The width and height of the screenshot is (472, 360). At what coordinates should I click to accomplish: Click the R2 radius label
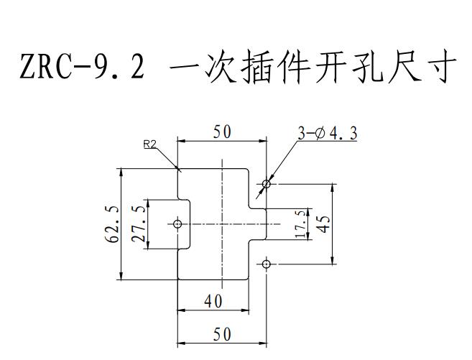coord(150,144)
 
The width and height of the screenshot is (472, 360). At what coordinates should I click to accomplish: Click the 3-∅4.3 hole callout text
coord(328,133)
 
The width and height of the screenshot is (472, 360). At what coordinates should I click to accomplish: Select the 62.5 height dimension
coord(113,224)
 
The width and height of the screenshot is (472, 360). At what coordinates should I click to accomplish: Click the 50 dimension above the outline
coord(221,132)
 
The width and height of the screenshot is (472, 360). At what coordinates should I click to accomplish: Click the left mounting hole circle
coord(178,224)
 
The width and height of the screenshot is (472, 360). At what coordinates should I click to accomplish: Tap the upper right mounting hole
coord(267,184)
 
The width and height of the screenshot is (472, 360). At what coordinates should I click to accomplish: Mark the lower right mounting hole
coord(267,264)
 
